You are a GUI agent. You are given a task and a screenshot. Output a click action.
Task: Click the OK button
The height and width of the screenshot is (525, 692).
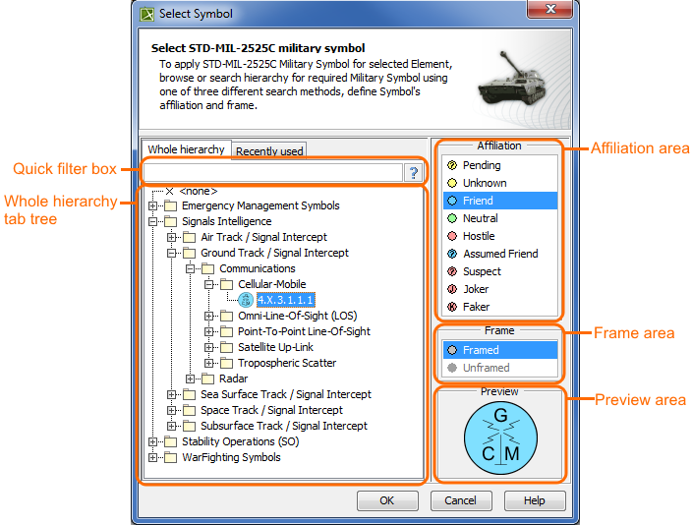click(387, 500)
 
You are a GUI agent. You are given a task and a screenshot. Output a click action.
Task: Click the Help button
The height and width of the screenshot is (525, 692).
click(534, 500)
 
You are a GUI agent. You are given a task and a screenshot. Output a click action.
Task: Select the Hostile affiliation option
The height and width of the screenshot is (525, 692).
click(479, 236)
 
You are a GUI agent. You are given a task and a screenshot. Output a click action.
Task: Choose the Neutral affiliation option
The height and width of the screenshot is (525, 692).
click(480, 218)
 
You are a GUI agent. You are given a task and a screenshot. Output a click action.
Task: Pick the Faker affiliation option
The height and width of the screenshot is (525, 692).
click(476, 307)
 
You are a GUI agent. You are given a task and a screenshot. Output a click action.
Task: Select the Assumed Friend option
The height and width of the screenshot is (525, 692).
click(499, 254)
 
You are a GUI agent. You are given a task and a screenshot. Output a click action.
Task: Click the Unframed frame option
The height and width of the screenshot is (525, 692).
click(486, 368)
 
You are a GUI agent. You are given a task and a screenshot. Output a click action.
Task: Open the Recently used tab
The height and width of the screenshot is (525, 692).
click(269, 150)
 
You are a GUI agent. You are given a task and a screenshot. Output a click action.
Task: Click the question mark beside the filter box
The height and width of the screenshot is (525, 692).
click(414, 173)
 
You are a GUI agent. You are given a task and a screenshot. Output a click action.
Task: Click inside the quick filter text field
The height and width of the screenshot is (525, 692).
click(272, 173)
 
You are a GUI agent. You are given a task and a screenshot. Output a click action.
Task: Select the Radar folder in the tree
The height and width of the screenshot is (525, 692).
click(233, 379)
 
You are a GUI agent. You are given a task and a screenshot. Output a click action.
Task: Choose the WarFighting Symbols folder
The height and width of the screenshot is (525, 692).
click(231, 457)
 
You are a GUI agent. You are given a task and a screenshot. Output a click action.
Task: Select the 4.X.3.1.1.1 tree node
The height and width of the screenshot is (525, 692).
click(285, 300)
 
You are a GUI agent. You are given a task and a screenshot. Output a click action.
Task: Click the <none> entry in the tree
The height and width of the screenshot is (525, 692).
click(198, 191)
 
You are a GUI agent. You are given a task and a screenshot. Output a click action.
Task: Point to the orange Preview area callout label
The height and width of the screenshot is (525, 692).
click(640, 400)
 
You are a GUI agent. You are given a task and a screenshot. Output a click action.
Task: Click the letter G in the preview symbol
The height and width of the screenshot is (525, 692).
click(500, 416)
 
